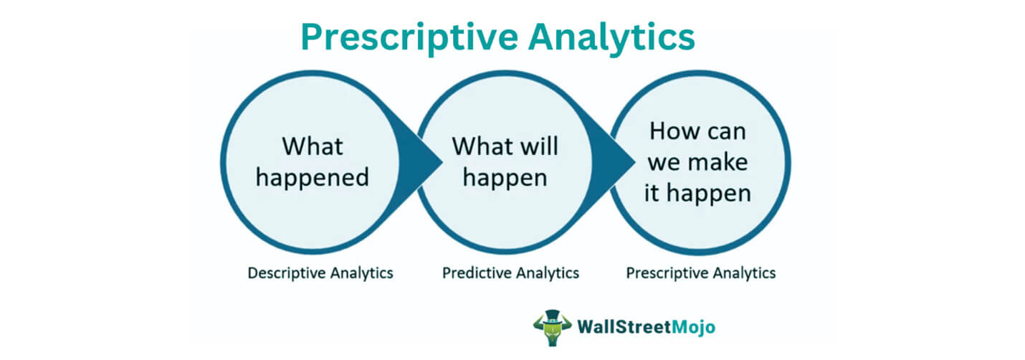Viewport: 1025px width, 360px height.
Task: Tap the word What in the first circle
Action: pyautogui.click(x=313, y=146)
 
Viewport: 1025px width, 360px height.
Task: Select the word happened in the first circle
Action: pyautogui.click(x=313, y=178)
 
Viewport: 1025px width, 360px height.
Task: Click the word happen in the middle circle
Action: pyautogui.click(x=505, y=178)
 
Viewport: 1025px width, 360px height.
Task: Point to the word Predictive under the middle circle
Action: pyautogui.click(x=473, y=273)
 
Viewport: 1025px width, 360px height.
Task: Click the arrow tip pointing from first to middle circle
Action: pyautogui.click(x=442, y=161)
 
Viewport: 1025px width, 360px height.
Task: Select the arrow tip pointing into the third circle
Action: pyautogui.click(x=635, y=161)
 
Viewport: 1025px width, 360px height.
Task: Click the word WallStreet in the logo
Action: pyautogui.click(x=624, y=327)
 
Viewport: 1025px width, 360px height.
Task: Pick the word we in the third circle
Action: pyautogui.click(x=664, y=164)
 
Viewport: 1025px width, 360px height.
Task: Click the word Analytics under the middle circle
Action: pyautogui.click(x=546, y=273)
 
